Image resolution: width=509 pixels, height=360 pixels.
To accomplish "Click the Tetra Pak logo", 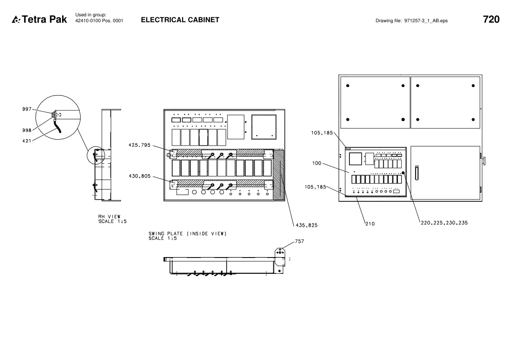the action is point(39,19).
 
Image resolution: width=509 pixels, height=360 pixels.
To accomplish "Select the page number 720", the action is point(491,19).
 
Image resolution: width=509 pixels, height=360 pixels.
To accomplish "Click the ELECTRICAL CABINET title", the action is point(180,20).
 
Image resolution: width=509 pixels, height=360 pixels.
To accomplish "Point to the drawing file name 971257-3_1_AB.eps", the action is point(426,21).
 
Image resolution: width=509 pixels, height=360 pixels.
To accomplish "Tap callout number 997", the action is point(27,109).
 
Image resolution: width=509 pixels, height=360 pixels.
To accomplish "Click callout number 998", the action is point(27,130).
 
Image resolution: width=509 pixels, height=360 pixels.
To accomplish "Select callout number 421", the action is point(27,141).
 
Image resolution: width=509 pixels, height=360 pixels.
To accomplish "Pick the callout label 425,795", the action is point(140,145).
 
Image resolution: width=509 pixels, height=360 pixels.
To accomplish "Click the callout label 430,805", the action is point(140,176).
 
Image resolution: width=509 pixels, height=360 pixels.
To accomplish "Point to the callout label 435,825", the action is point(307,225).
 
